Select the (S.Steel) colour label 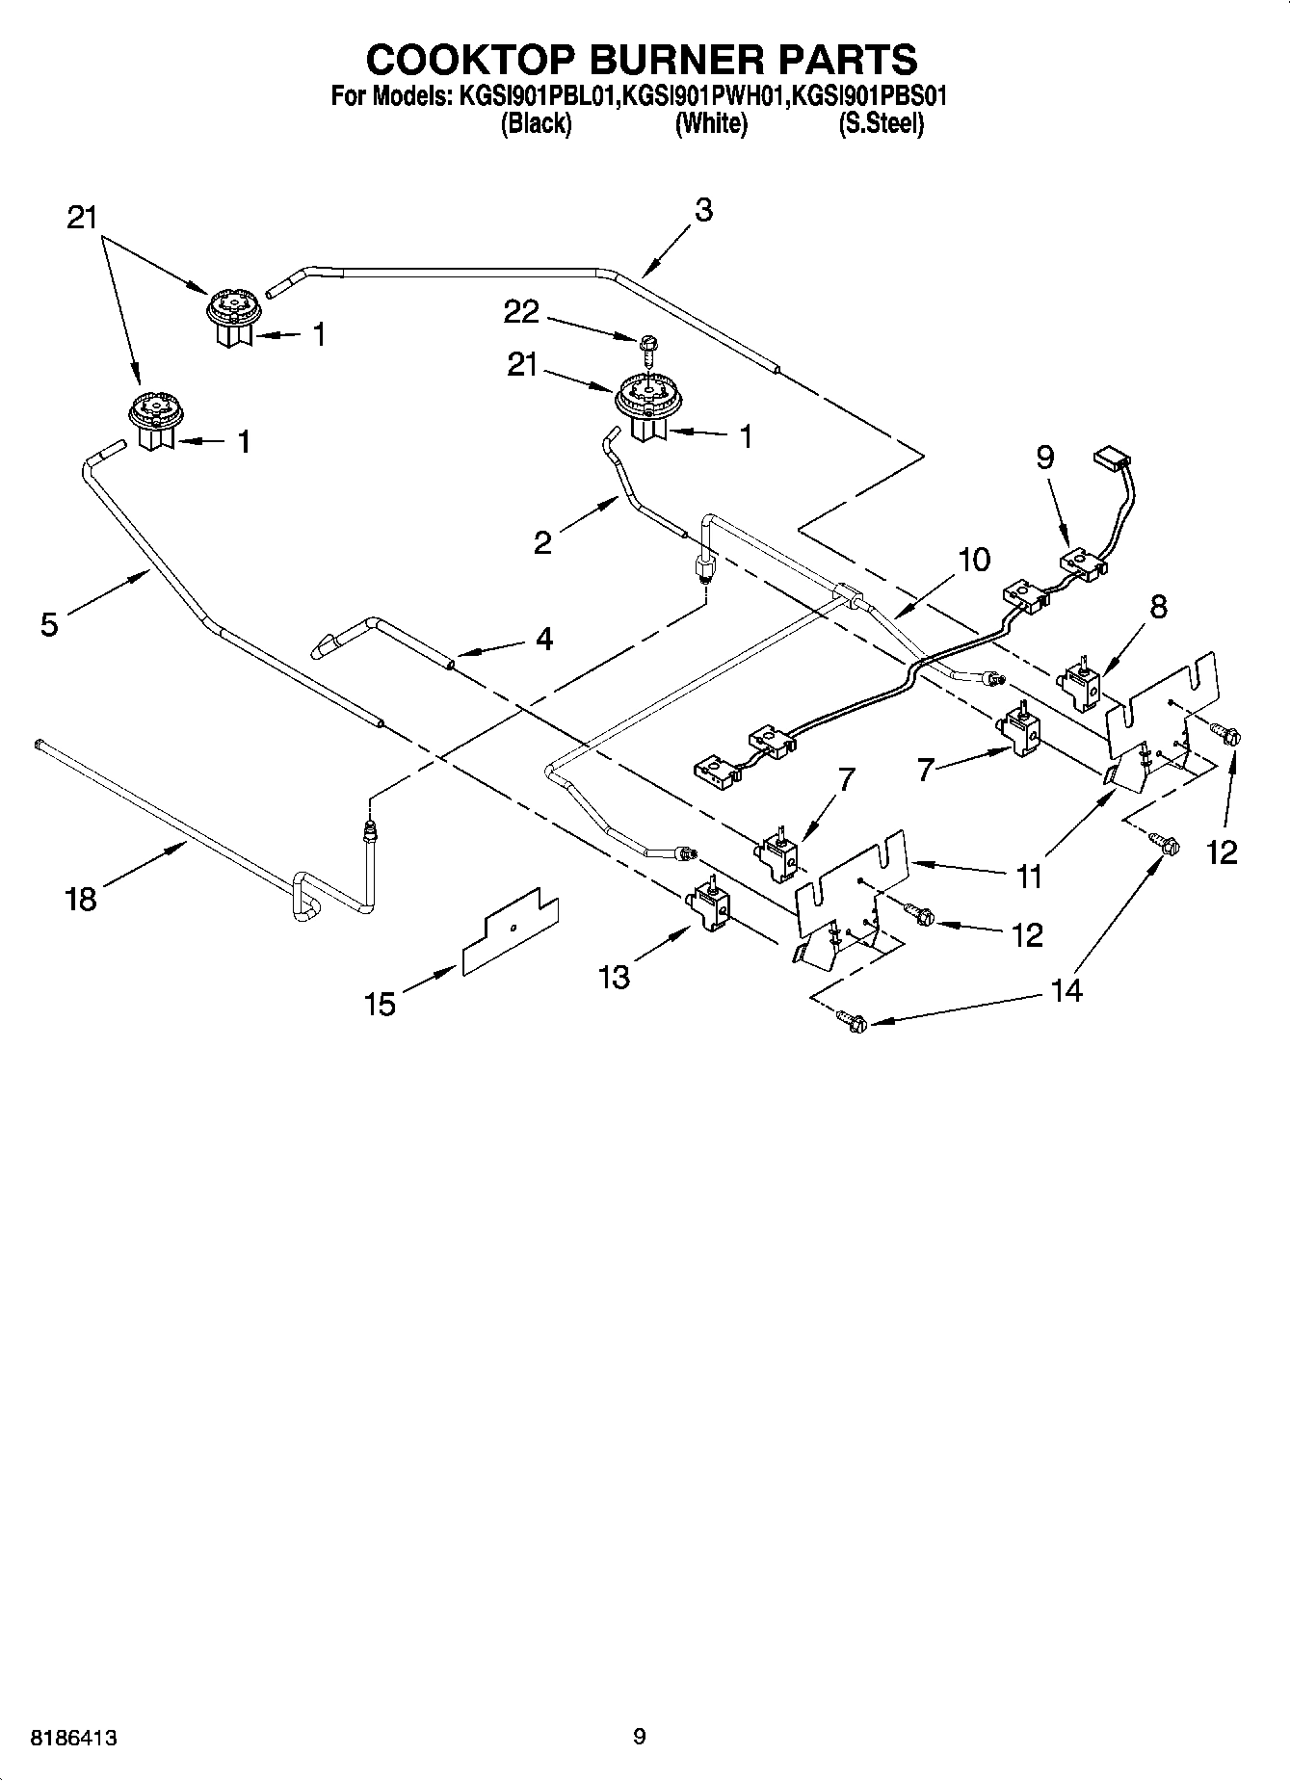881,124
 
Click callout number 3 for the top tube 703,210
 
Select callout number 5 49,625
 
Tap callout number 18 82,900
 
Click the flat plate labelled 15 511,931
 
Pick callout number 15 381,1005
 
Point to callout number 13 614,977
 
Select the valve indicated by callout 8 1080,685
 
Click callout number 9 1045,457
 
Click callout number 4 544,639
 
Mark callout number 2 542,543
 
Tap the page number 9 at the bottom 639,1737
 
